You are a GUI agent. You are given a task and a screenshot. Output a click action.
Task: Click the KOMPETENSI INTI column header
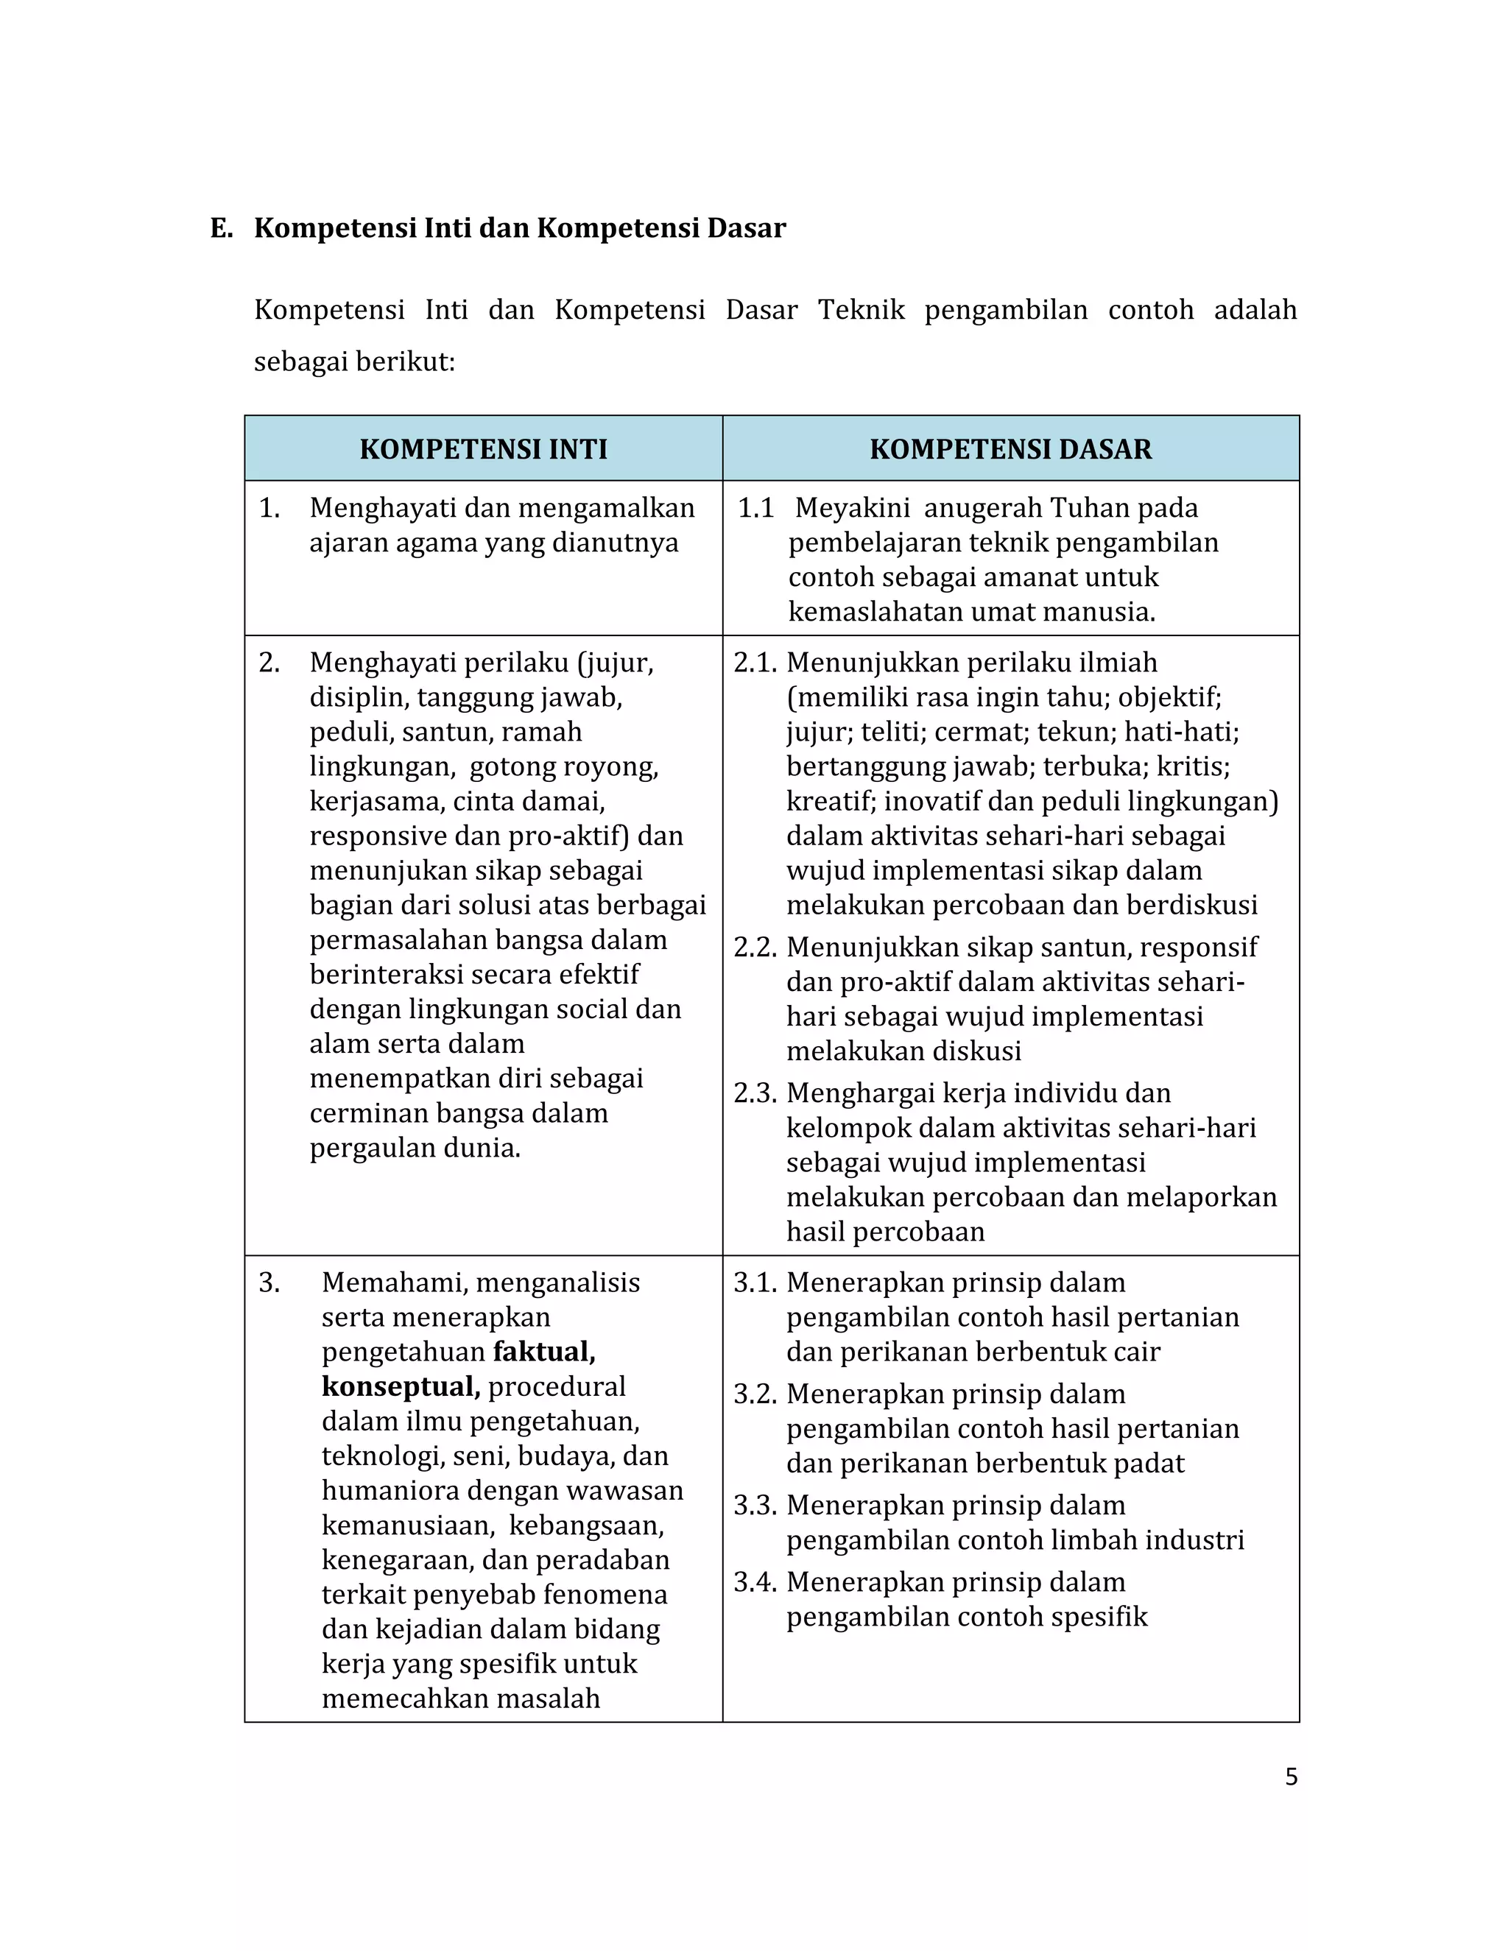(x=483, y=448)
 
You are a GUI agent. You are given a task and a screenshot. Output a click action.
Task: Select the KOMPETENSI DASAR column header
(x=1010, y=448)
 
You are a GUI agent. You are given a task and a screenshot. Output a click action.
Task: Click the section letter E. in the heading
(x=221, y=229)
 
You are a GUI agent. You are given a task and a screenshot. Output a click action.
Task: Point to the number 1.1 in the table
(x=755, y=508)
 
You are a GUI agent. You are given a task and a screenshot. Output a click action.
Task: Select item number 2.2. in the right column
(x=755, y=947)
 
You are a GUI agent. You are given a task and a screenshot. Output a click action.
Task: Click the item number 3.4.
(x=755, y=1582)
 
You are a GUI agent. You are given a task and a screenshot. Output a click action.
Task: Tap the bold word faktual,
(x=544, y=1352)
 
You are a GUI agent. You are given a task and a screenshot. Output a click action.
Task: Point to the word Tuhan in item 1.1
(x=1088, y=508)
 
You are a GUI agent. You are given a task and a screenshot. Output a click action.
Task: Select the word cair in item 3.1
(x=1136, y=1352)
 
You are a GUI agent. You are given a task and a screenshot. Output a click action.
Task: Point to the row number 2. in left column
(x=269, y=663)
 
